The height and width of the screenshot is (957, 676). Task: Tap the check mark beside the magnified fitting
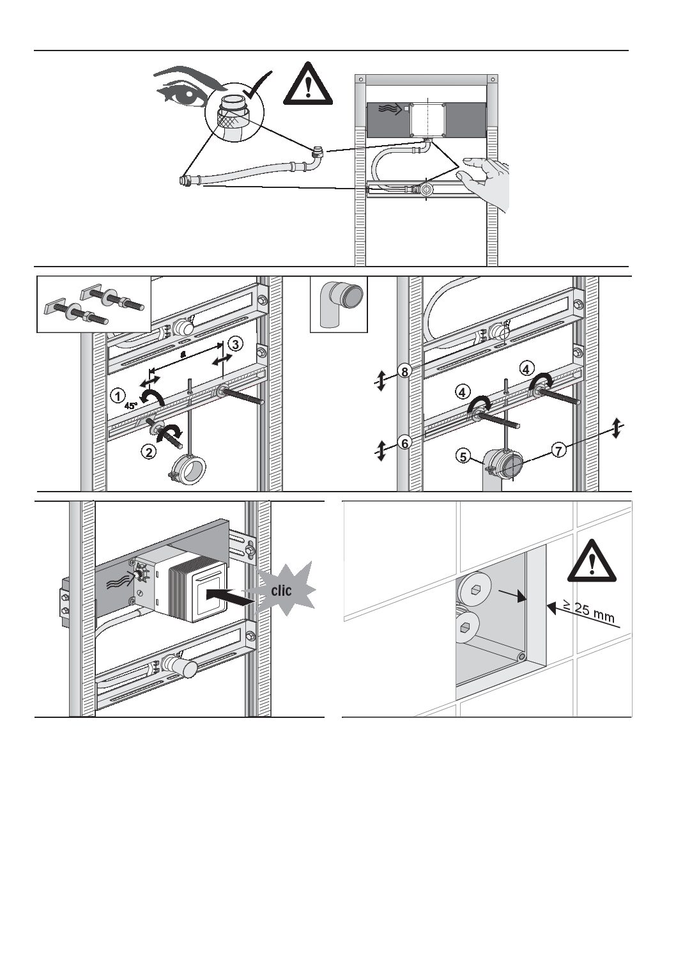[x=256, y=89]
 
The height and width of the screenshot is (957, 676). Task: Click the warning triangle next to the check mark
[x=308, y=84]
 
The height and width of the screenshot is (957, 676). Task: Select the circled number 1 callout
[x=117, y=396]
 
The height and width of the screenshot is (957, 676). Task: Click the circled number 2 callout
[x=148, y=452]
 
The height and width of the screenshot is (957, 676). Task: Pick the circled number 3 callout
[x=236, y=345]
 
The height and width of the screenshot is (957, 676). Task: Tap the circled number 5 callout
[x=464, y=456]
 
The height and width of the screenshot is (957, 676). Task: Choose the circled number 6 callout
[x=404, y=442]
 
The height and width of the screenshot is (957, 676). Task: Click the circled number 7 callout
[x=558, y=450]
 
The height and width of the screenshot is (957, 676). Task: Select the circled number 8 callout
[x=404, y=370]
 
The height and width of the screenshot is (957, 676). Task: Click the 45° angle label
[x=131, y=405]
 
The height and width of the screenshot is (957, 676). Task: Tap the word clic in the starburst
[x=281, y=590]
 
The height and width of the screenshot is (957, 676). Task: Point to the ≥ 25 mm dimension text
[x=588, y=609]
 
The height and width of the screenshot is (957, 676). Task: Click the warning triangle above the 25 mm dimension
[x=592, y=560]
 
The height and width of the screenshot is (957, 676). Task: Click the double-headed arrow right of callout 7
[x=616, y=428]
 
